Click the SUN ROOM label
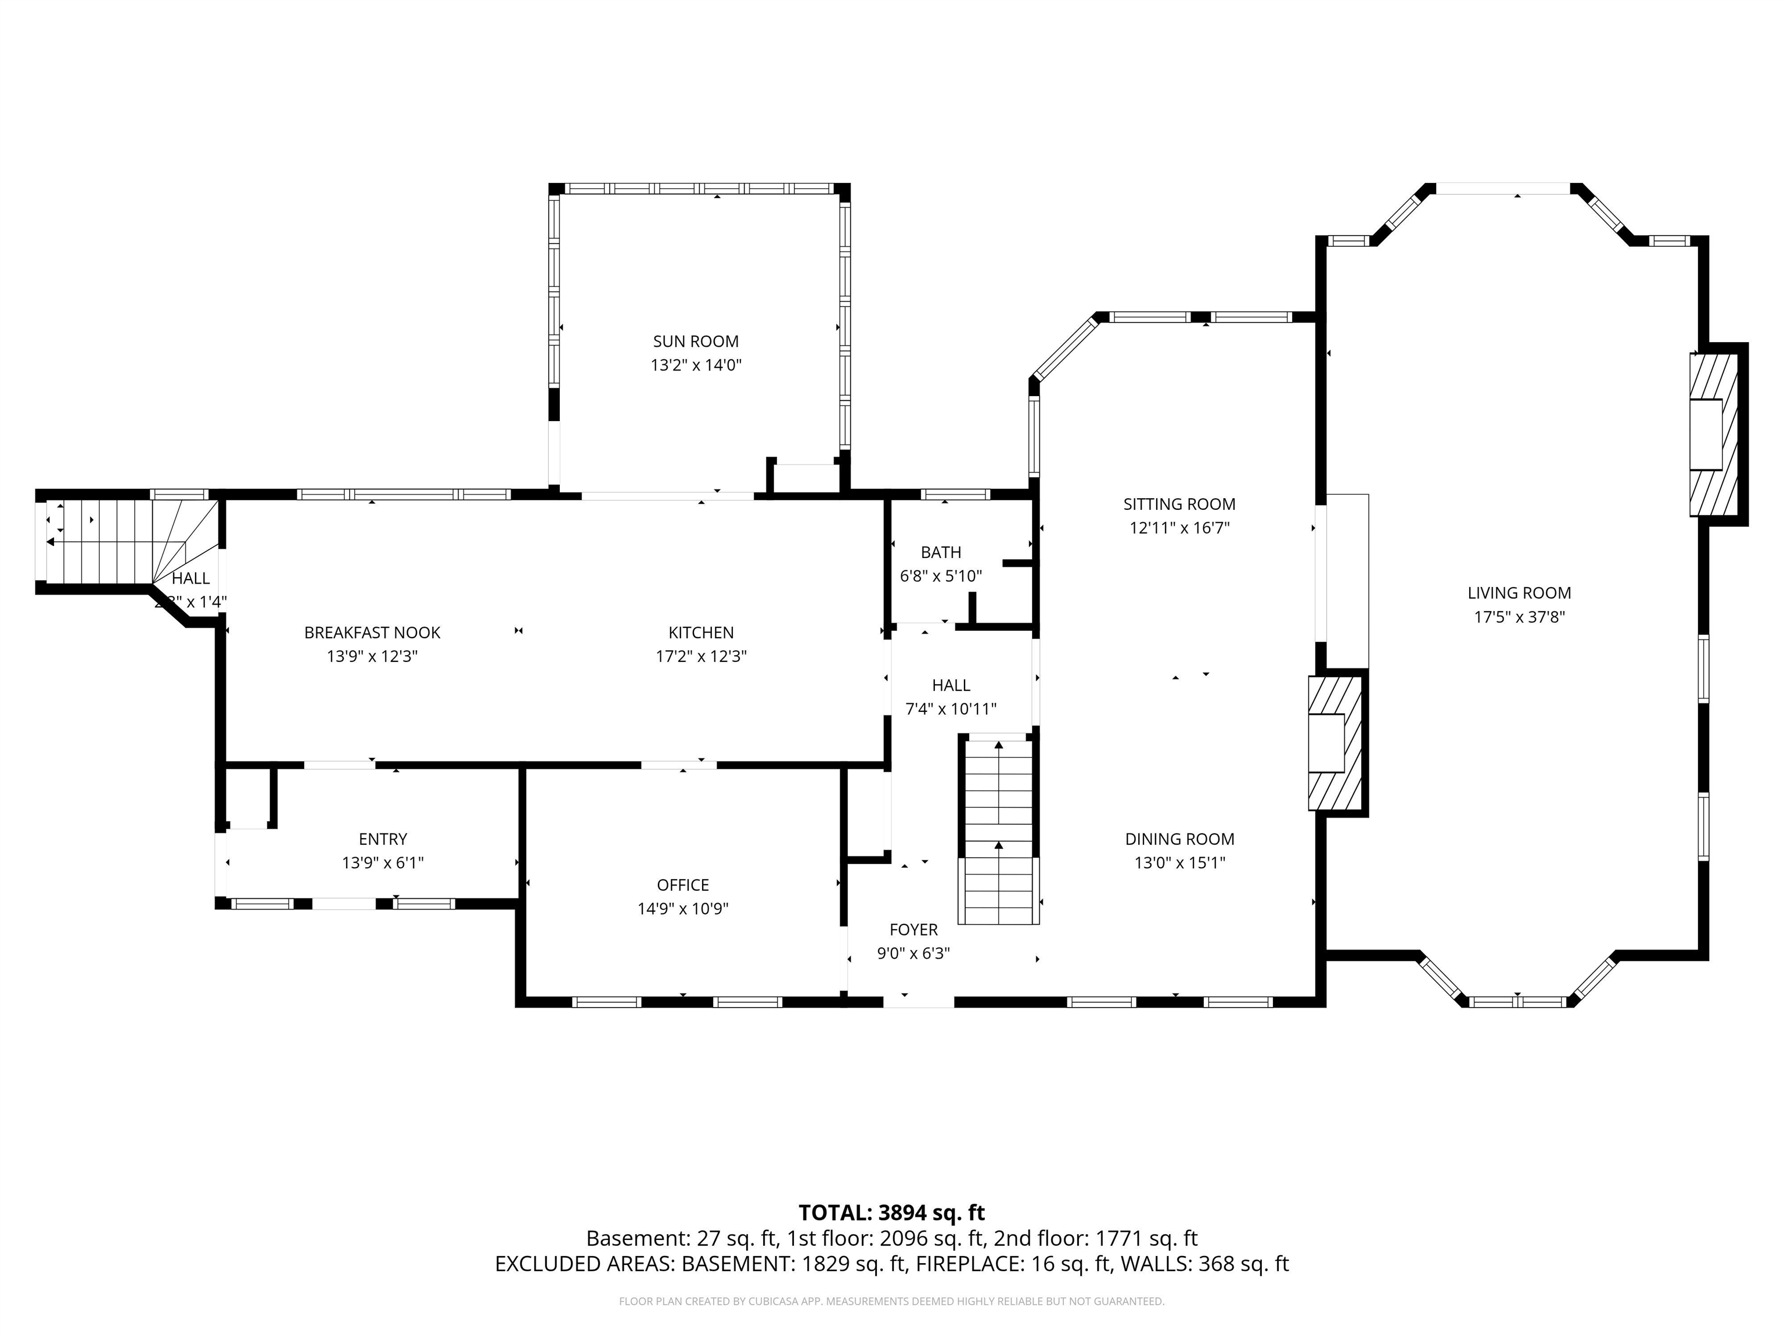tap(695, 341)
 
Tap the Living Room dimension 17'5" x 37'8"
tap(1519, 617)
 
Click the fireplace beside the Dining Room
tap(1335, 743)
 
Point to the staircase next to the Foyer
tap(998, 830)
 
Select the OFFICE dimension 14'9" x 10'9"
tap(682, 909)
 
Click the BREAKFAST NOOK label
tap(372, 633)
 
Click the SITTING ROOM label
tap(1178, 504)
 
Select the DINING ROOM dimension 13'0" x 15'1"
tap(1179, 863)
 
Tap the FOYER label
tap(913, 930)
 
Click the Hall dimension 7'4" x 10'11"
tap(950, 709)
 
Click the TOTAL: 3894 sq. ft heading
tap(891, 1213)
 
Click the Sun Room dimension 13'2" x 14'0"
tap(695, 365)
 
